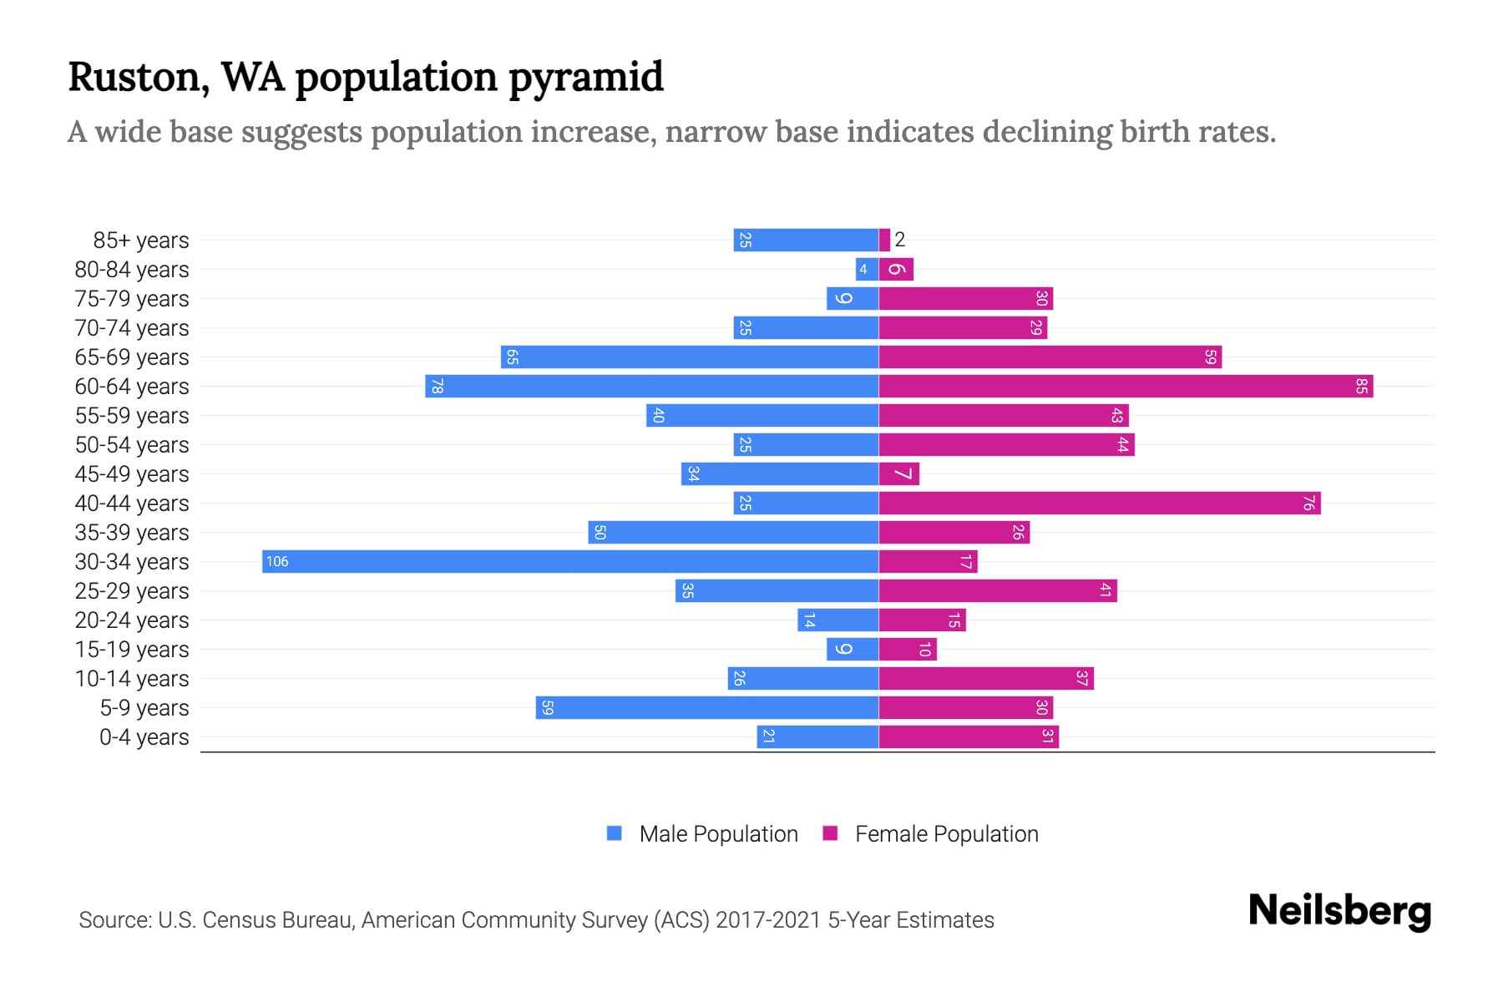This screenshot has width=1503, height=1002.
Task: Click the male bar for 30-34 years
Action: (570, 561)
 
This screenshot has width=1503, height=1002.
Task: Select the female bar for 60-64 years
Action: (1126, 386)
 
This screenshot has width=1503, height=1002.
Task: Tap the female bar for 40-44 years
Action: (1100, 503)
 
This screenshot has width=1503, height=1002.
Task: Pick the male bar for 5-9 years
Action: (707, 707)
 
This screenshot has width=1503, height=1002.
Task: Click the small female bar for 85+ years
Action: (884, 240)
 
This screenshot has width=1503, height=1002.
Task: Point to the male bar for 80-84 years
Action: (867, 269)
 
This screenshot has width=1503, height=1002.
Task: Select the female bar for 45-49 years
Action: (899, 473)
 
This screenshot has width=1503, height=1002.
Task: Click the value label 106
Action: (277, 561)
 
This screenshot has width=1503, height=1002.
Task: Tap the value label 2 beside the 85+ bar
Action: (899, 240)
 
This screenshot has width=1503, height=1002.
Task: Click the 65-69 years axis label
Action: (132, 357)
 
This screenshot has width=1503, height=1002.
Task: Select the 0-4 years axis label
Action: (144, 737)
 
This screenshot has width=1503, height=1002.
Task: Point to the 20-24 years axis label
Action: (132, 620)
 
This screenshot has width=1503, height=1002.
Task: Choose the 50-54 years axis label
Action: (132, 445)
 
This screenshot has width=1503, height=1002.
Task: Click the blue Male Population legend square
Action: (615, 833)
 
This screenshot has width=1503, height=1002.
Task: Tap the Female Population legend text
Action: (946, 833)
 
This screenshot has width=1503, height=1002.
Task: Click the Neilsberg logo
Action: (1339, 911)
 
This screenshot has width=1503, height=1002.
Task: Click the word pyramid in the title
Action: (585, 77)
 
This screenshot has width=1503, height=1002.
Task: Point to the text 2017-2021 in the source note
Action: (768, 920)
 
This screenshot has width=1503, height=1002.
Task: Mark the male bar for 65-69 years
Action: (690, 357)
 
